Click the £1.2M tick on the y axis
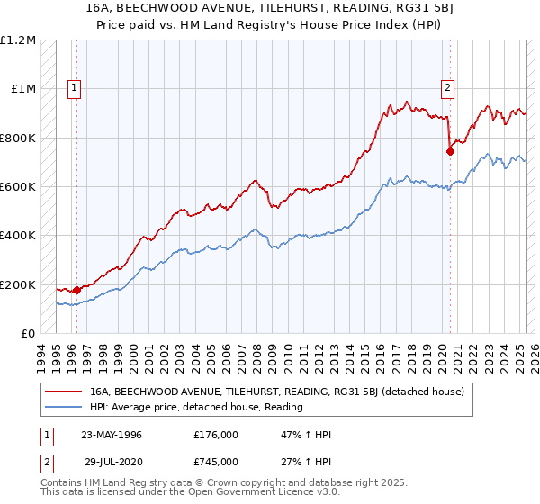tap(18, 40)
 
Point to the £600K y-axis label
tap(18, 187)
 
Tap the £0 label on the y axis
tap(28, 334)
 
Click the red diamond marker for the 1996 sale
tap(77, 290)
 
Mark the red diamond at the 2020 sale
tap(450, 152)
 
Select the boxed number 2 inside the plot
tap(447, 88)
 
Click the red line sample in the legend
tap(64, 391)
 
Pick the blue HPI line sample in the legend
tap(64, 407)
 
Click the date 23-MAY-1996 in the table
tap(111, 435)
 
